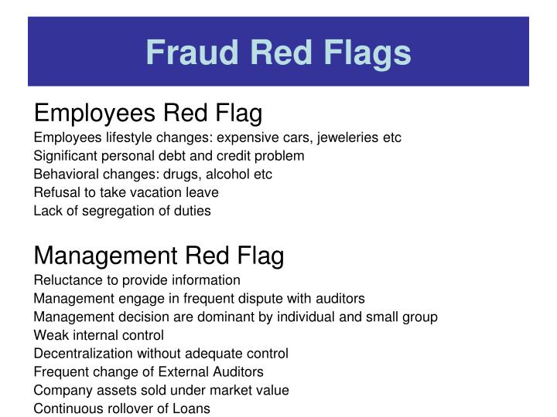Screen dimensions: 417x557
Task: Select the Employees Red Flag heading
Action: click(149, 114)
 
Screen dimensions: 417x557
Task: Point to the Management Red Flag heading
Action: click(159, 255)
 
